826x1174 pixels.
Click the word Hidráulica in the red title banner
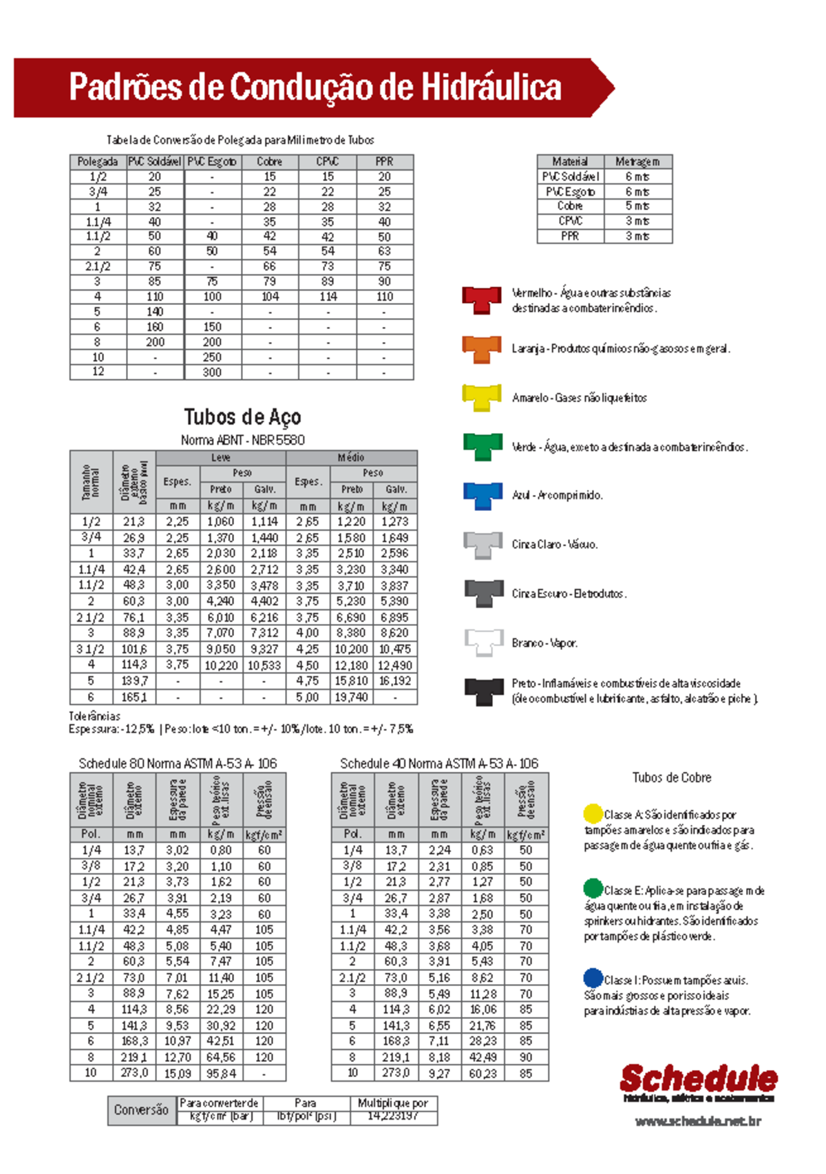point(491,87)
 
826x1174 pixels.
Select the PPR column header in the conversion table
point(384,162)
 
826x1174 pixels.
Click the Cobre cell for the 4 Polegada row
point(270,297)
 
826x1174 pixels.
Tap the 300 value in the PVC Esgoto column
point(212,373)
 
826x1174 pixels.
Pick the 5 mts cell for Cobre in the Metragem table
point(637,206)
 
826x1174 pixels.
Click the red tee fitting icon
point(481,300)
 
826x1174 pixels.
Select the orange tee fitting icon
point(481,348)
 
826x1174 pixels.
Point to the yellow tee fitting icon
point(481,397)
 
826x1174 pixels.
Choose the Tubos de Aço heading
point(242,417)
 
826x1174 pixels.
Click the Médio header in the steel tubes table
point(351,458)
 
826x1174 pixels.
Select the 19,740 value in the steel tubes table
point(351,698)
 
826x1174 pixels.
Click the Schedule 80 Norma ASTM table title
point(178,764)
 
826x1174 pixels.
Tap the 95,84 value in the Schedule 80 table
point(221,1073)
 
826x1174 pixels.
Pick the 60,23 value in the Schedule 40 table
point(483,1073)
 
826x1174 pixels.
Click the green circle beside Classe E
point(593,888)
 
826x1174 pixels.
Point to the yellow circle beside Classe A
point(593,813)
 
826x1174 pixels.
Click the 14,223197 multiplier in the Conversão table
point(393,1116)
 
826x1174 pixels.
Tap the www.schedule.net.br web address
point(697,1122)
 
